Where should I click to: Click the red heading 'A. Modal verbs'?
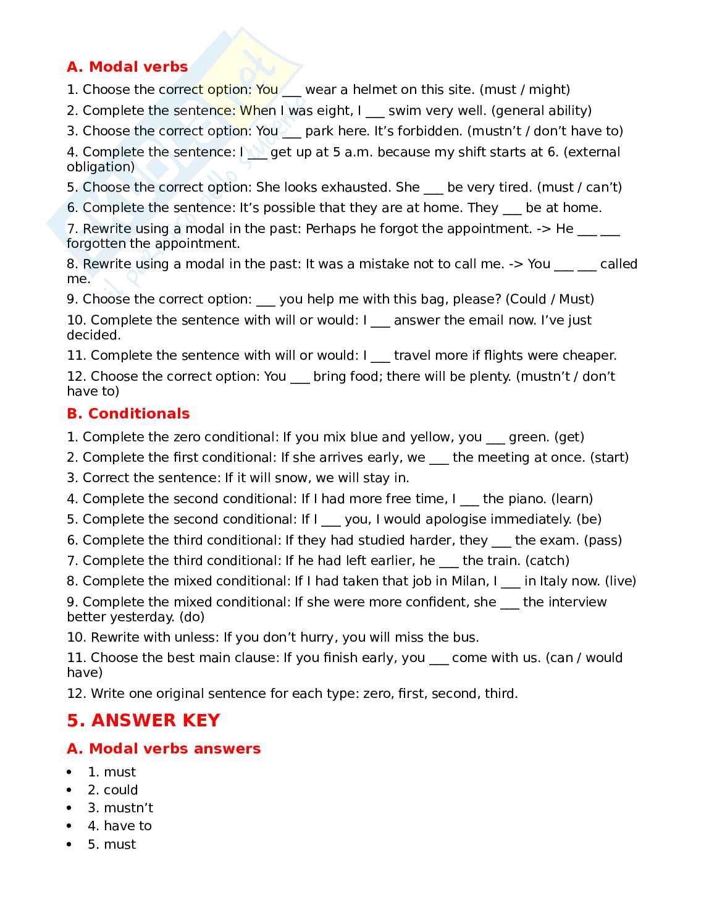pos(127,67)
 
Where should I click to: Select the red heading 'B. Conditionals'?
pos(128,414)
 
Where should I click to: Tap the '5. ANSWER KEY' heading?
pos(143,720)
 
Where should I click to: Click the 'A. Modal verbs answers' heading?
pos(164,749)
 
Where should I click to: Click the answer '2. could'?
pos(113,790)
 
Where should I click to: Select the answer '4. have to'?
pos(120,826)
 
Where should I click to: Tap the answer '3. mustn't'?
pos(120,808)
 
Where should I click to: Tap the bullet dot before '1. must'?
pos(69,772)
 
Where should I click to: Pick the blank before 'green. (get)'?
pos(495,437)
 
